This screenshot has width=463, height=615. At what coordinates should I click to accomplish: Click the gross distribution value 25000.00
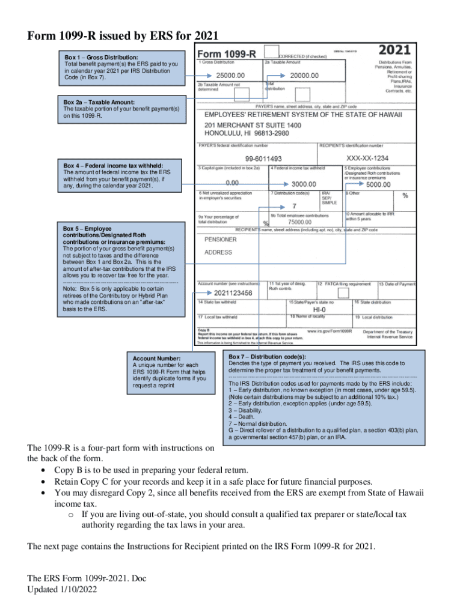[230, 76]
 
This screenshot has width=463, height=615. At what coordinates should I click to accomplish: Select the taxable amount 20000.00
[304, 76]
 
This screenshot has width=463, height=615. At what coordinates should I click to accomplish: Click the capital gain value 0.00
[231, 182]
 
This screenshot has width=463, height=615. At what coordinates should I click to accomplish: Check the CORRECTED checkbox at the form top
[271, 52]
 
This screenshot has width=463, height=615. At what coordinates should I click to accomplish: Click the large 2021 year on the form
[394, 50]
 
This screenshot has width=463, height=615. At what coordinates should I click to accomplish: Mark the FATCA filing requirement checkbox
[343, 293]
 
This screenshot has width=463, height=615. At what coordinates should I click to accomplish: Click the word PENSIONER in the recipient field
[221, 239]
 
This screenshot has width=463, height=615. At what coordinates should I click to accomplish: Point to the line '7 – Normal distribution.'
[262, 423]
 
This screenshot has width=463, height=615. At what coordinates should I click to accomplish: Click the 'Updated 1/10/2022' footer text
[63, 589]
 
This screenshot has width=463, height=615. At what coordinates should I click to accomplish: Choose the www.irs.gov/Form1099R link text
[329, 331]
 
